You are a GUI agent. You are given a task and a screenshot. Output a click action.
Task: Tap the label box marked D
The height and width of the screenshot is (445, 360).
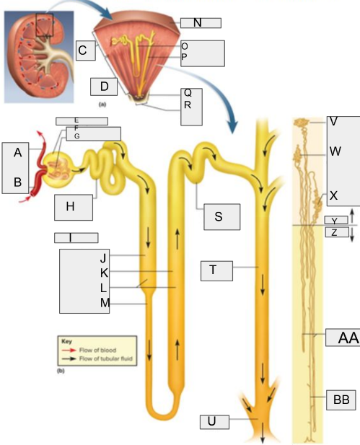click(104, 87)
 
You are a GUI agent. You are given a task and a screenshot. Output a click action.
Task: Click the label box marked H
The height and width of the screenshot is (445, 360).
click(73, 206)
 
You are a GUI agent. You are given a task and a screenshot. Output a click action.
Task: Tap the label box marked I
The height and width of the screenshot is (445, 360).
click(76, 237)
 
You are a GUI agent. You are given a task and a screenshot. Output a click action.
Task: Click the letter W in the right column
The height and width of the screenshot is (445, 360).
click(335, 151)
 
